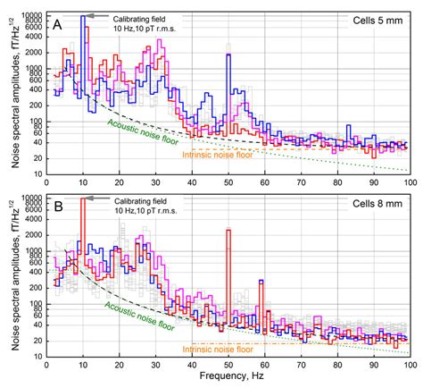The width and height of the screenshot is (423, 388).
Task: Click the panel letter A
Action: [x=55, y=23]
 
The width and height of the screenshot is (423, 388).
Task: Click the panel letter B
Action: [x=55, y=205]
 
